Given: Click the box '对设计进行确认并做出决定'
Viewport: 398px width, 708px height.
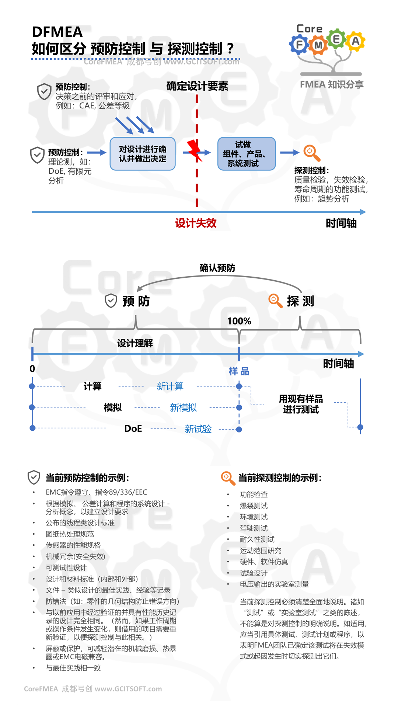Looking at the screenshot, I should [143, 154].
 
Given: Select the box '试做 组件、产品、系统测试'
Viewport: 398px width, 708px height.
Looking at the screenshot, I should [246, 154].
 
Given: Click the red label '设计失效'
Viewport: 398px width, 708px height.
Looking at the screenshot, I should [196, 223].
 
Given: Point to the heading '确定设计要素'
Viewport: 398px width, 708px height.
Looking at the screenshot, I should [197, 86].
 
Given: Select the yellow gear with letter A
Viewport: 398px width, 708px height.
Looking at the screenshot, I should [355, 41].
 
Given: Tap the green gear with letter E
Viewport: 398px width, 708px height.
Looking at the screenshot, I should [336, 39].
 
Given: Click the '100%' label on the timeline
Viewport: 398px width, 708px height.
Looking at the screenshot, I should [239, 321].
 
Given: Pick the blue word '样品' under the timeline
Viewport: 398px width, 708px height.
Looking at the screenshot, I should [239, 371].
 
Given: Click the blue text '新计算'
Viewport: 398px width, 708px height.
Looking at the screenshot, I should [170, 386].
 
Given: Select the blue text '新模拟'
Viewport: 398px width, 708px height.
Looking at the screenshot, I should [183, 407].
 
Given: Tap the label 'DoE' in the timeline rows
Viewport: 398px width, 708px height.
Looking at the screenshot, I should [133, 428].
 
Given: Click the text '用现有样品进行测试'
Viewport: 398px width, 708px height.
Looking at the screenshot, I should [300, 404].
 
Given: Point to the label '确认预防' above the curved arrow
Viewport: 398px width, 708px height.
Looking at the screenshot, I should [217, 268].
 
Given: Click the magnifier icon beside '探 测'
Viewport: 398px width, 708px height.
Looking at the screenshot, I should [275, 301].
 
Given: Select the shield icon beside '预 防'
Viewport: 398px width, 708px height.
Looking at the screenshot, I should [111, 301].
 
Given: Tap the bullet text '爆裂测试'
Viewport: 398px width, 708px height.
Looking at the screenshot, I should [254, 506].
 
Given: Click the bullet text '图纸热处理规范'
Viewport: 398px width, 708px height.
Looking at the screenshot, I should [70, 534].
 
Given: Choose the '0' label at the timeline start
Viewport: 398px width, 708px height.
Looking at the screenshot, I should [32, 369].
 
